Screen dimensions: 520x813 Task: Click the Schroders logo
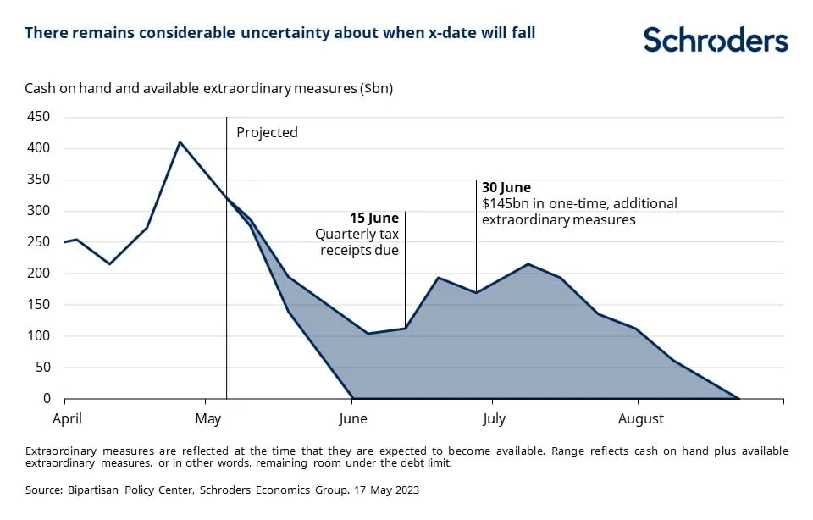pos(715,40)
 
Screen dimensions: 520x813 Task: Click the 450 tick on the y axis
pos(39,117)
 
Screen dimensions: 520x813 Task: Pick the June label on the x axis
pos(352,418)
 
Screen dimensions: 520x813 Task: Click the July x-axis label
pos(494,418)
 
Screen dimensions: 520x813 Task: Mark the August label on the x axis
pos(641,418)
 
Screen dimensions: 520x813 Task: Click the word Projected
pos(267,132)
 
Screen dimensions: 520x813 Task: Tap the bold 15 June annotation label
pos(374,219)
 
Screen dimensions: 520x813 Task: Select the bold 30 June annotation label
pos(506,187)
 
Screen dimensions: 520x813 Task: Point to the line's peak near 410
pos(180,142)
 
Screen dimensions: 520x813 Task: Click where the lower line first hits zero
pos(352,398)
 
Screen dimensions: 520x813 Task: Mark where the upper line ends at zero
pos(739,398)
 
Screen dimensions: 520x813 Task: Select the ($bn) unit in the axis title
pos(373,87)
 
